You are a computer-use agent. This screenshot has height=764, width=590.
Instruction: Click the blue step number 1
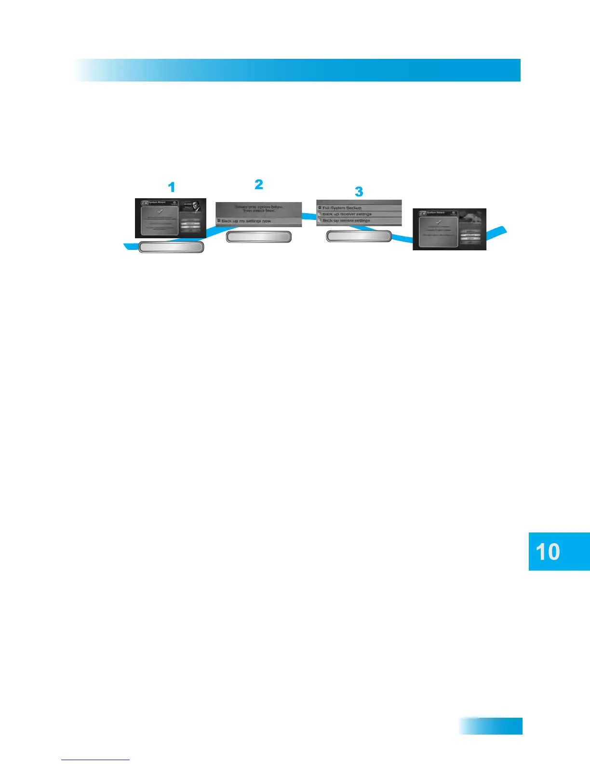tap(171, 187)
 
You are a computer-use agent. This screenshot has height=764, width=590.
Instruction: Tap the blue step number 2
tap(259, 184)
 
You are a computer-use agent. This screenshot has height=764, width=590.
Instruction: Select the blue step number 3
tap(359, 191)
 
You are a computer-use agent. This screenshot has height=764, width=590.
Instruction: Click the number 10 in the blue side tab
tap(548, 552)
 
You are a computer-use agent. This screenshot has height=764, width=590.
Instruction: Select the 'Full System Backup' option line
tap(342, 208)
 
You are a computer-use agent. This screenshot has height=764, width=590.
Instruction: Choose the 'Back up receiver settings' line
tap(347, 214)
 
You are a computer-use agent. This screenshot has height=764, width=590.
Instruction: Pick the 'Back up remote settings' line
tap(346, 220)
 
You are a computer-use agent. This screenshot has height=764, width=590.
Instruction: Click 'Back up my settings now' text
tap(246, 221)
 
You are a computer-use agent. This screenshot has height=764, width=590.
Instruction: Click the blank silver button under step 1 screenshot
tap(171, 247)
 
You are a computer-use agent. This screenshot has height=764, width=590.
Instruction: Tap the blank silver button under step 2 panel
tap(259, 237)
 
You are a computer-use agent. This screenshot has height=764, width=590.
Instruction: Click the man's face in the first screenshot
tap(197, 206)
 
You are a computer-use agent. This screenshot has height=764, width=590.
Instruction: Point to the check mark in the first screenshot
tap(161, 211)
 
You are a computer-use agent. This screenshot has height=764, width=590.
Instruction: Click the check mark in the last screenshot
tap(438, 222)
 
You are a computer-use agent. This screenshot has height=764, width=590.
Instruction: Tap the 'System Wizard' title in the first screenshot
tap(157, 202)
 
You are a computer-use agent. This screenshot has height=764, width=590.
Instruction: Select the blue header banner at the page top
tap(297, 70)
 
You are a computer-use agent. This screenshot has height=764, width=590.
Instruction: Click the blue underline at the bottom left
tap(95, 760)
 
